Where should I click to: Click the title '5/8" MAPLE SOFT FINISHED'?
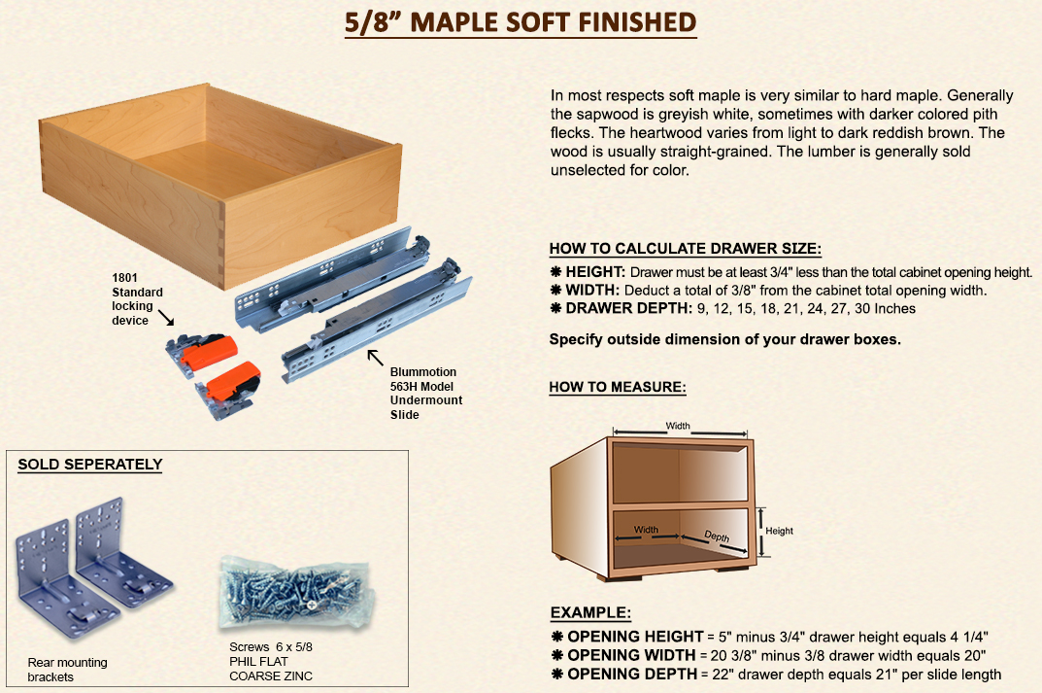[521, 22]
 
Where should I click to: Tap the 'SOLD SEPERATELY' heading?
[90, 465]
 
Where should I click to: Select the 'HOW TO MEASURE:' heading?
[618, 387]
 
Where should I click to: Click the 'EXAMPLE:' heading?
[590, 612]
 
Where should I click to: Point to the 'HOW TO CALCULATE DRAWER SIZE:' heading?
[686, 249]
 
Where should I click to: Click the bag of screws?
[297, 592]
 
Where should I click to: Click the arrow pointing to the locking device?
[166, 318]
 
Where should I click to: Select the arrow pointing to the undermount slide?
[376, 358]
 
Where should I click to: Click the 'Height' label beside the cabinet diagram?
[779, 531]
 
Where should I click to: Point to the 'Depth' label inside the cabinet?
[717, 537]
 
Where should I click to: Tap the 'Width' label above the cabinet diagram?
[678, 426]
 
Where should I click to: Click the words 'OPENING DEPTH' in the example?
[632, 674]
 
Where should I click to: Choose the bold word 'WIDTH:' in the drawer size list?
[592, 290]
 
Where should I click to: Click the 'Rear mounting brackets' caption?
[67, 670]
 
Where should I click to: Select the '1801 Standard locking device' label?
[137, 299]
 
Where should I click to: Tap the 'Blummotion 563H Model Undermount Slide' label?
[426, 393]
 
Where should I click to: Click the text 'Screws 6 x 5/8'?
[271, 646]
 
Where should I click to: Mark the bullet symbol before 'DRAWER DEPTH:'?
[556, 308]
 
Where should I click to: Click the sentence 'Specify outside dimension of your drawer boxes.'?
[725, 339]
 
